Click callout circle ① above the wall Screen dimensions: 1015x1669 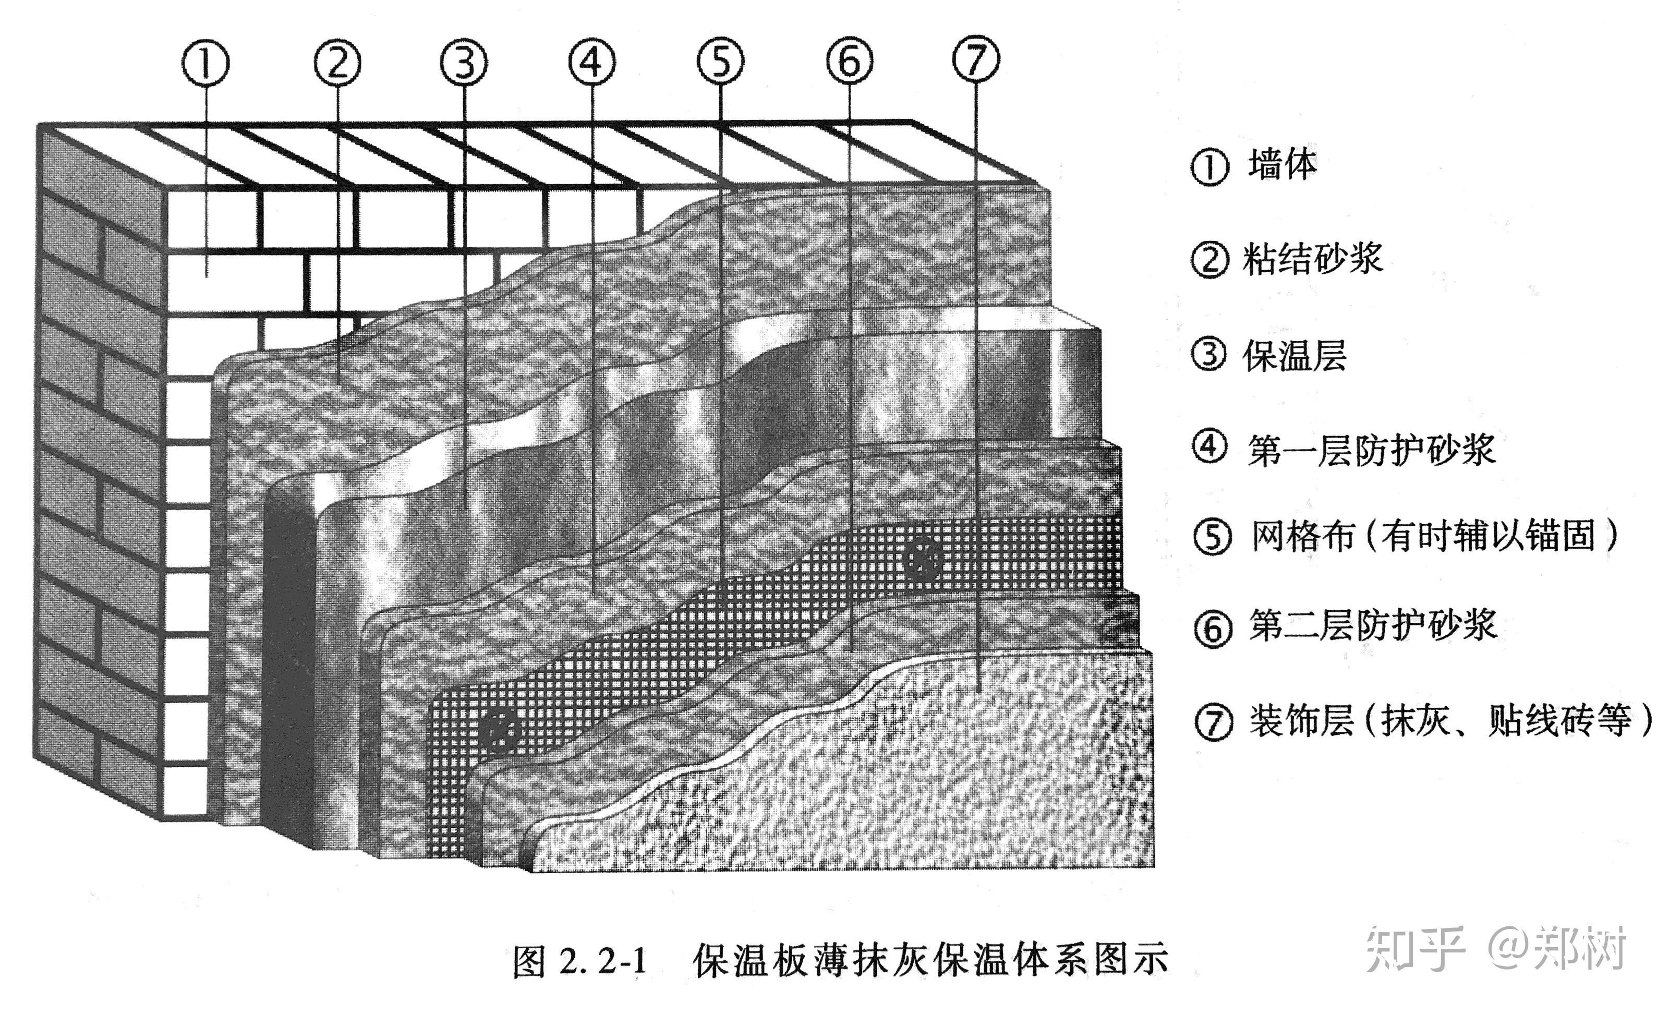[205, 63]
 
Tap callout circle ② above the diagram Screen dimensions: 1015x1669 [337, 63]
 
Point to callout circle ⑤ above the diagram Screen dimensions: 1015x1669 [720, 62]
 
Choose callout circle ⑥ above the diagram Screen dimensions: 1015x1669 [849, 62]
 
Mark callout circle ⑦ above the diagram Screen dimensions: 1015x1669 [975, 59]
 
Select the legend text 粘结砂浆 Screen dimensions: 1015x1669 [1312, 259]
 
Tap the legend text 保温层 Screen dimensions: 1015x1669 [1295, 355]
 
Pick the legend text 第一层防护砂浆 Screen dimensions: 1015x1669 [1372, 450]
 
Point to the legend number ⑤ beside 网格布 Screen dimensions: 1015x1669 [1211, 537]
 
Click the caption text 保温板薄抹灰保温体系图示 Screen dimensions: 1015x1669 [930, 961]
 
